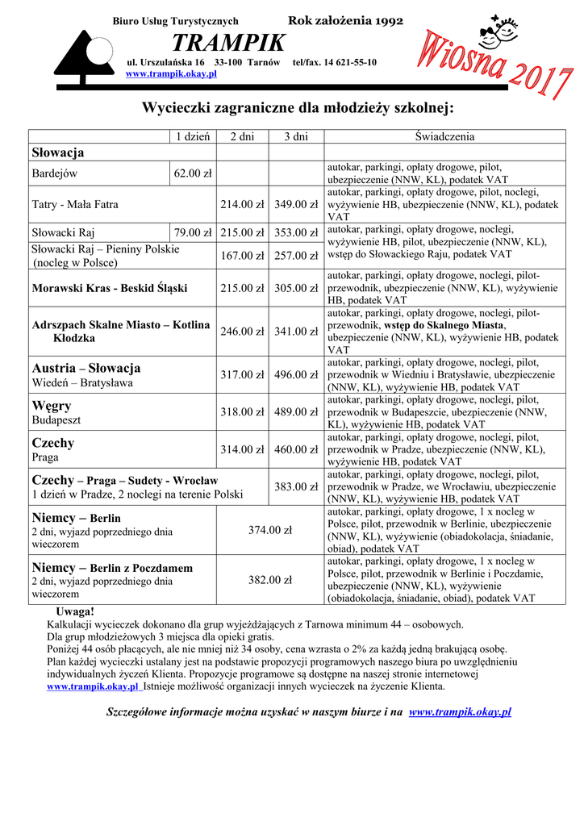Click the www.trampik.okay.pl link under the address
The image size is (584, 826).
(172, 73)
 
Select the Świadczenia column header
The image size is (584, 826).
(444, 136)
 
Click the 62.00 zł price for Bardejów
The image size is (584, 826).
(192, 173)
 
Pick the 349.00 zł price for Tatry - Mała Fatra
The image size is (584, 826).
(296, 204)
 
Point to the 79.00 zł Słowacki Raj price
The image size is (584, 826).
(192, 233)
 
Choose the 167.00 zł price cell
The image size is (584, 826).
(242, 256)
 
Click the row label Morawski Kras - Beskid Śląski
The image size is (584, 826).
(110, 287)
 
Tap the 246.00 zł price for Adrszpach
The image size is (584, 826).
(242, 331)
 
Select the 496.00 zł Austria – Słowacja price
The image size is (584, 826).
(296, 374)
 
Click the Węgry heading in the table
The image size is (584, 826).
(52, 405)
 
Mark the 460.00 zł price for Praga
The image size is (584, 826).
(296, 449)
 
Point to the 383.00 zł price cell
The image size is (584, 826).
(296, 486)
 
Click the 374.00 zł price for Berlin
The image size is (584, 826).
(269, 530)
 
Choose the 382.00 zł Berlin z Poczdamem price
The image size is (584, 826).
(269, 579)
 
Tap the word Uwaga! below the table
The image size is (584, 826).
(75, 611)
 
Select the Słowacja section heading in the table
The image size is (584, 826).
(58, 152)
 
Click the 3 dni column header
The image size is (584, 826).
(296, 136)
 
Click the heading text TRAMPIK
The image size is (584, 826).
(228, 42)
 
